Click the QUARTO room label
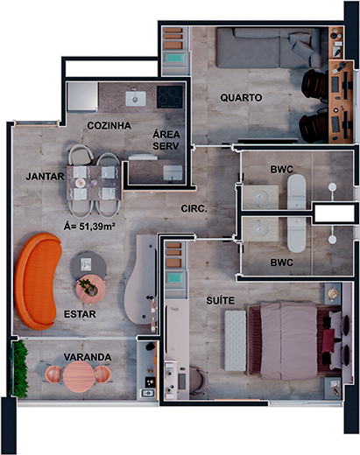point(241,98)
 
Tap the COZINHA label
point(109,126)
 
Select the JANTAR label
point(45,177)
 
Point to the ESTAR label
point(80,314)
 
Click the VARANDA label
point(88,357)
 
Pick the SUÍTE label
point(220,300)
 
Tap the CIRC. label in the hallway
point(194,208)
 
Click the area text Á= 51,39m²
point(89,227)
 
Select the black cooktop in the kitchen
point(170,97)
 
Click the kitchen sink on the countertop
point(136,98)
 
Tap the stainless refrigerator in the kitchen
point(82,97)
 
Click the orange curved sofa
point(38,281)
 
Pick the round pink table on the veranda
point(79,376)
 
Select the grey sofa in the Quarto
point(268,48)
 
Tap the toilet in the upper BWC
point(297,192)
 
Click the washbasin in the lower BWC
point(260,229)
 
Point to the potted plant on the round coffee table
point(88,286)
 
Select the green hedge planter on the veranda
point(19,368)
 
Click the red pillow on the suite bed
point(328,340)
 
